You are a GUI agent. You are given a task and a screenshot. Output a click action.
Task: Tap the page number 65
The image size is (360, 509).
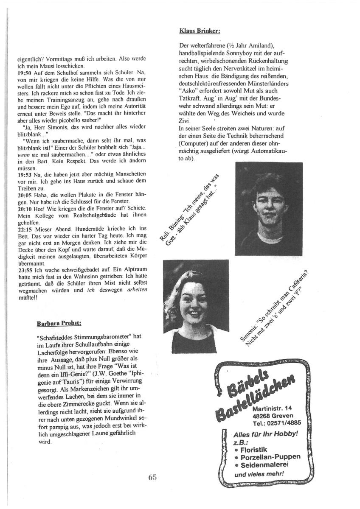(153, 477)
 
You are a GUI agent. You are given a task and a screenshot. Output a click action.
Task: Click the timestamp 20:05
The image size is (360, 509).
(24, 194)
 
